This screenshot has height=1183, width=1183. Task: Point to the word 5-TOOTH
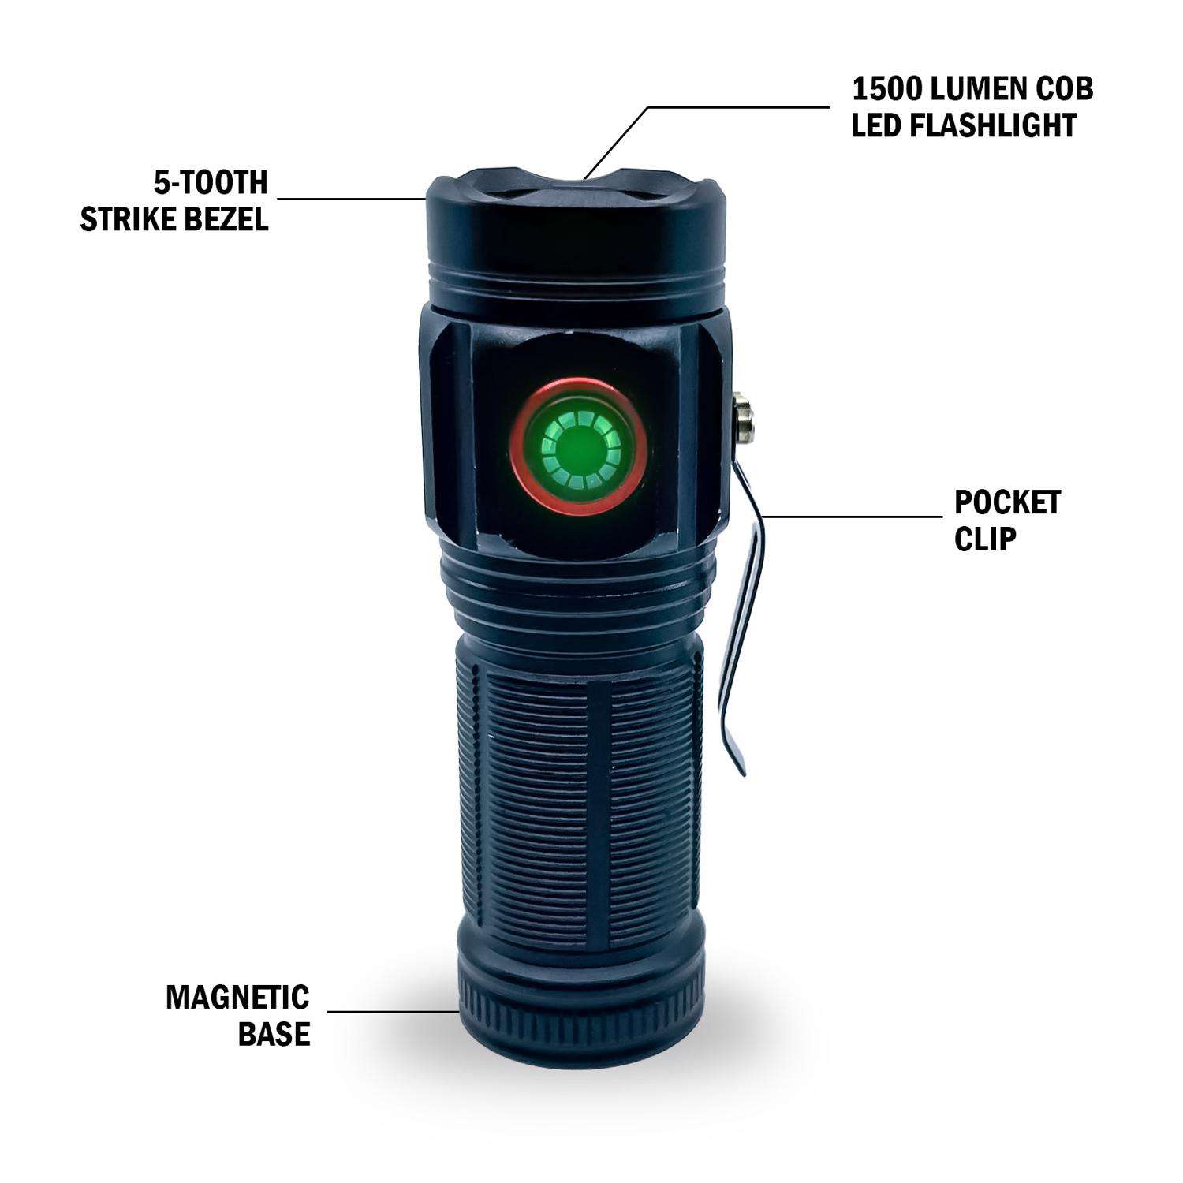coord(211,183)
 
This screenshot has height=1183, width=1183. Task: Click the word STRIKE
coord(125,219)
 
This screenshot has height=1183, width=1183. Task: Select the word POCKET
coord(1007,502)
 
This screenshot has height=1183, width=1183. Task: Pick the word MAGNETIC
coord(237,998)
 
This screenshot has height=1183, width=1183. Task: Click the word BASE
coord(274,1034)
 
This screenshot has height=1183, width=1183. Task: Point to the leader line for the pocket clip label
coord(852,517)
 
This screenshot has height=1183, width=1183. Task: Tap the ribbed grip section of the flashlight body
coord(577,789)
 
